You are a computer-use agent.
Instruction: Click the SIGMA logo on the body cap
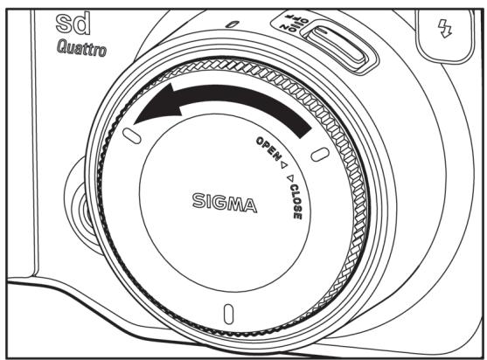224,203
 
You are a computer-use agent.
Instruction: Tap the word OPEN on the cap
268,149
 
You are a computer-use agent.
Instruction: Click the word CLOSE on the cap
296,202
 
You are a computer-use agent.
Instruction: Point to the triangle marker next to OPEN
284,164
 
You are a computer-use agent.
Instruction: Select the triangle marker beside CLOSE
290,178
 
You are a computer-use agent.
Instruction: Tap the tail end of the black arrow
304,129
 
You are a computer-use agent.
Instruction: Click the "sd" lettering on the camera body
73,23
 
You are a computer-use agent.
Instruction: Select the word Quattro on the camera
81,49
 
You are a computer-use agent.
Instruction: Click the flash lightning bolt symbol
445,29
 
